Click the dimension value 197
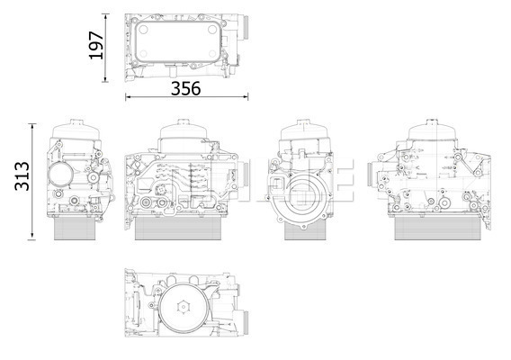click(96, 45)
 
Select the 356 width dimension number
click(185, 88)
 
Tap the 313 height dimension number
click(22, 176)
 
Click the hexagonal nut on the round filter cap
click(184, 307)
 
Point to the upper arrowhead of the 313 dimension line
click(32, 126)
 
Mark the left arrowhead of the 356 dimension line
click(129, 96)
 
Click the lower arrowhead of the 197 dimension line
click(105, 79)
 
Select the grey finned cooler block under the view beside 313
click(75, 229)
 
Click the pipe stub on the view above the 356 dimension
click(245, 27)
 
